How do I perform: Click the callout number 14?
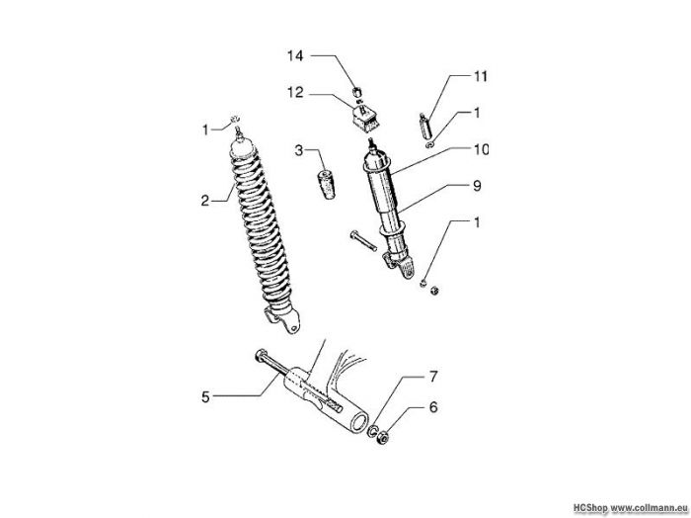click(x=296, y=56)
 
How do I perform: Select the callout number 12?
click(x=296, y=93)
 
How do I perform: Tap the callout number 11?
click(x=481, y=76)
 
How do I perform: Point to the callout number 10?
click(x=481, y=149)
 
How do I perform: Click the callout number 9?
click(x=477, y=186)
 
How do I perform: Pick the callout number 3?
click(x=299, y=150)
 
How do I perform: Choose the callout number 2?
click(x=205, y=201)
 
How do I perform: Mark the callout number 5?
click(x=205, y=396)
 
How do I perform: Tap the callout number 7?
click(x=433, y=377)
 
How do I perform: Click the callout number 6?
click(x=433, y=407)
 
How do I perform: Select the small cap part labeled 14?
click(x=357, y=92)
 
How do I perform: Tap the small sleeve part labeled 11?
click(x=424, y=127)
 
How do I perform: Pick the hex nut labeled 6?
click(x=383, y=438)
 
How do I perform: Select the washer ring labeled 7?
click(x=373, y=431)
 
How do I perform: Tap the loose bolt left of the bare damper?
click(x=363, y=240)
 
